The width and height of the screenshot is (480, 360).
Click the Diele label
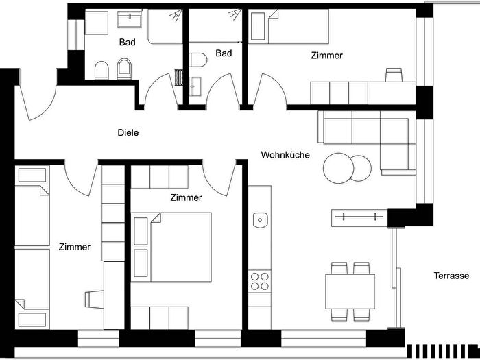tap(128, 132)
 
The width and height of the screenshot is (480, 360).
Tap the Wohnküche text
tap(285, 155)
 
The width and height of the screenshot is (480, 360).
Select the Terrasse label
tap(451, 276)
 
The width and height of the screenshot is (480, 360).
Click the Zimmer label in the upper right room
tap(326, 56)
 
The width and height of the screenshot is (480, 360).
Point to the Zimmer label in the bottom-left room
tap(75, 247)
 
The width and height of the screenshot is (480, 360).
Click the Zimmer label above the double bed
tap(186, 197)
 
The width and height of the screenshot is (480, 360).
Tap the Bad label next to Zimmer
tap(224, 53)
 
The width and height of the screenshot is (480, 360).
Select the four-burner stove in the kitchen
tap(260, 281)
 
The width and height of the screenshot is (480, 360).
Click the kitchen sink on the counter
tap(260, 220)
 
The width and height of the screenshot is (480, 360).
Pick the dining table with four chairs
tap(350, 291)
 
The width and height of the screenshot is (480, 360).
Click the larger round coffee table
tap(337, 167)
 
